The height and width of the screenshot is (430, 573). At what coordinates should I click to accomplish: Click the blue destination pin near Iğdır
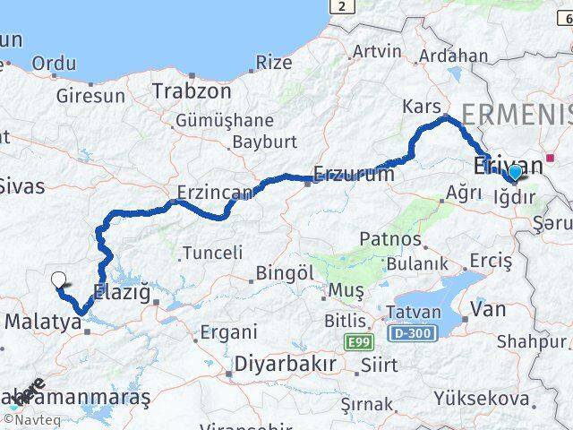coord(515,173)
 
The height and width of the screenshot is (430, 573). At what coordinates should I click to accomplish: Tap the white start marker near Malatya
coord(59,280)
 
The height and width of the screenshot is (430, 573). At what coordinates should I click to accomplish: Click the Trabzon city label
coord(192,91)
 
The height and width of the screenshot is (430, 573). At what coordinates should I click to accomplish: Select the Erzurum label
coord(354,175)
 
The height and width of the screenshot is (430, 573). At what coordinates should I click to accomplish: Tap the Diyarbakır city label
coord(286,365)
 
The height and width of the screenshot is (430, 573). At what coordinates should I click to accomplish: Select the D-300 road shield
coord(411,333)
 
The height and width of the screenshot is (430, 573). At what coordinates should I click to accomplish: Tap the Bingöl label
coord(281,271)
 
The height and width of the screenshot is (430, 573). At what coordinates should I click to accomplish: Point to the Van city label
coord(488,310)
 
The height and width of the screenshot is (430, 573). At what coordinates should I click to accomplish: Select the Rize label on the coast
coord(274,63)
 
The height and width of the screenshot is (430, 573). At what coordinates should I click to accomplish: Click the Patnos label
coord(390,239)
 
